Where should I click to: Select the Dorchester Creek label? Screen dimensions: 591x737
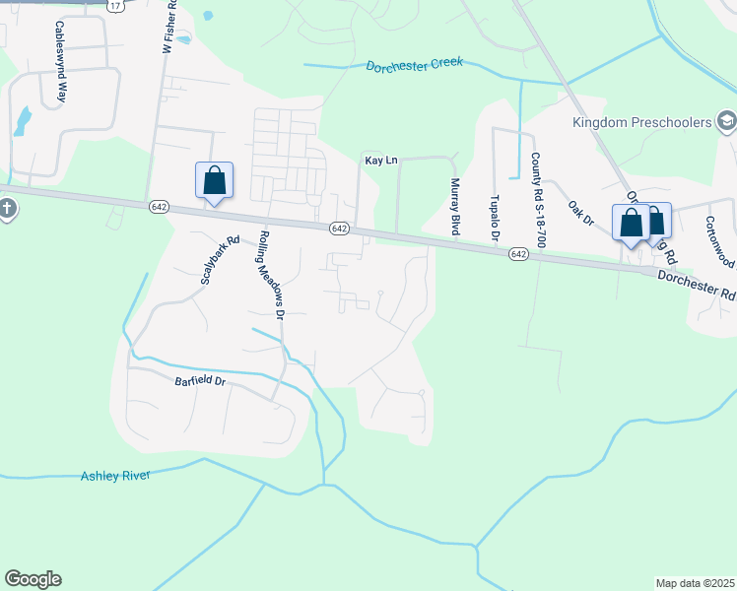pos(414,65)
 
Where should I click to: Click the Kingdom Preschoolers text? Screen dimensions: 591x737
pos(641,122)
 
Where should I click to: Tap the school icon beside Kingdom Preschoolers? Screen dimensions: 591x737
pos(726,122)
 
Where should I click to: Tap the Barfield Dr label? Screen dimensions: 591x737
pos(200,382)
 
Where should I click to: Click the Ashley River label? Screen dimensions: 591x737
pos(114,477)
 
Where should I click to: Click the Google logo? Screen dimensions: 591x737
pos(33,579)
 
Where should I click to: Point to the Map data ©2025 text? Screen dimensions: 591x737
pos(695,583)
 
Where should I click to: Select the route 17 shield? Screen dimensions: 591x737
pos(115,6)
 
